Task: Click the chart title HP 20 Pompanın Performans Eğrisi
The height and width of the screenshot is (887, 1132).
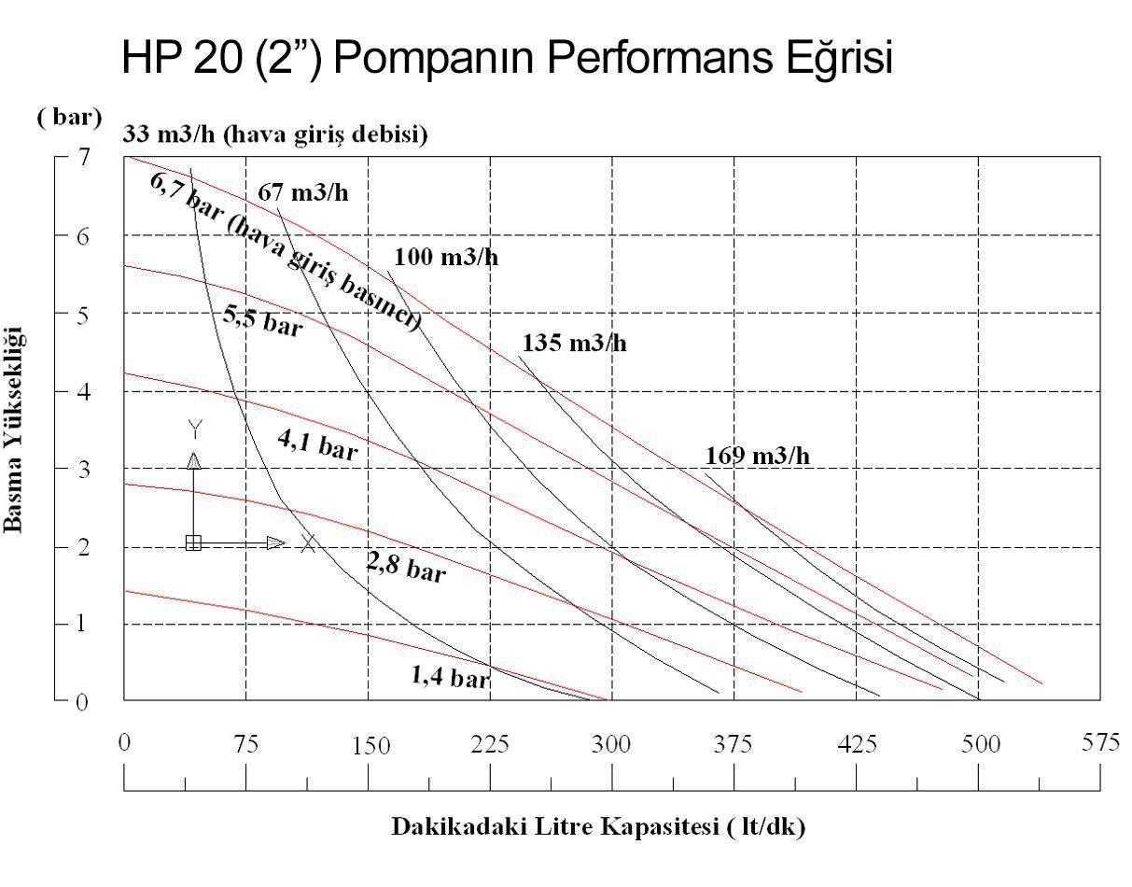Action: pyautogui.click(x=508, y=58)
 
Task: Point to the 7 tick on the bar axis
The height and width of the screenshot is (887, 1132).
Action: pyautogui.click(x=83, y=157)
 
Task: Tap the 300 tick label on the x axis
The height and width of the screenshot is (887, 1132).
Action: pyautogui.click(x=612, y=744)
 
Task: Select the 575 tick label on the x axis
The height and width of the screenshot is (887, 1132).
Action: pyautogui.click(x=1099, y=743)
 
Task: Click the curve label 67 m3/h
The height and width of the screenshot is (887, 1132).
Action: pyautogui.click(x=302, y=193)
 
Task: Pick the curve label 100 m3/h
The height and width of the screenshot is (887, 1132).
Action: pyautogui.click(x=445, y=258)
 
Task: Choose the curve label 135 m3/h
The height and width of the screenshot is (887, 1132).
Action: pyautogui.click(x=574, y=343)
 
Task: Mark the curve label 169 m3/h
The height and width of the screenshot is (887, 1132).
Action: pyautogui.click(x=758, y=456)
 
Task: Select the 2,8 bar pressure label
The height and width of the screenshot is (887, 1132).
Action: pyautogui.click(x=405, y=567)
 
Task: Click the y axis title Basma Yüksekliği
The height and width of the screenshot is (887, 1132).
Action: pyautogui.click(x=15, y=429)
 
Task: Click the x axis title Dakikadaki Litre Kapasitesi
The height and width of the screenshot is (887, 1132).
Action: pyautogui.click(x=597, y=827)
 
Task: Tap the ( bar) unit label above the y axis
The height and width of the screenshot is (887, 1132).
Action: pyautogui.click(x=69, y=119)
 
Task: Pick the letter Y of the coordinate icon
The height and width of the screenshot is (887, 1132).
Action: pyautogui.click(x=194, y=429)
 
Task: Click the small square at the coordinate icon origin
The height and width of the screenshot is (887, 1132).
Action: pyautogui.click(x=193, y=542)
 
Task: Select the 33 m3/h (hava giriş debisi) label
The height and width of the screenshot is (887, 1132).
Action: pyautogui.click(x=275, y=136)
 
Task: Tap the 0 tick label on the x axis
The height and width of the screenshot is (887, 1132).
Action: pyautogui.click(x=124, y=743)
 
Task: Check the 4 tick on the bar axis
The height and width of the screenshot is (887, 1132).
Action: pyautogui.click(x=83, y=391)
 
